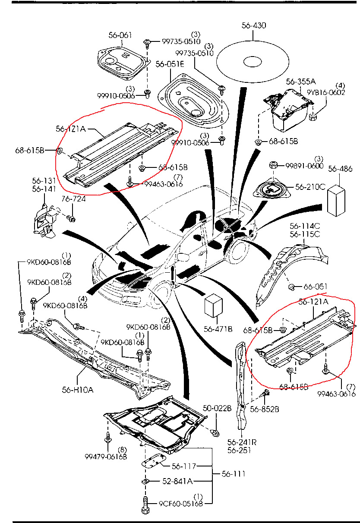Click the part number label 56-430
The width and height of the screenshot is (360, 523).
point(254,25)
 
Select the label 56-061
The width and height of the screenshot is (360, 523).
point(120,35)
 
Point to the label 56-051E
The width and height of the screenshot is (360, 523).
point(170,64)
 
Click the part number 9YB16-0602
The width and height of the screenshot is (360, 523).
point(326,92)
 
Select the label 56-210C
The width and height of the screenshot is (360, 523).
point(310,187)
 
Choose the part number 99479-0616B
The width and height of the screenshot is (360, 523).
point(106,457)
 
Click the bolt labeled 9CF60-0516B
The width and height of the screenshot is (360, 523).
point(145,503)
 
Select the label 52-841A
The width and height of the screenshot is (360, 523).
point(177,481)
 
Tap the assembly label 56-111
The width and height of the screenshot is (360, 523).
point(234,474)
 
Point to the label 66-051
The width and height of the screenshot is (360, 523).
point(315,287)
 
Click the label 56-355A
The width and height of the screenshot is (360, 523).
point(300,81)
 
